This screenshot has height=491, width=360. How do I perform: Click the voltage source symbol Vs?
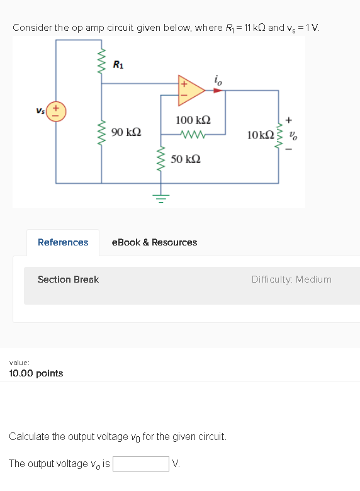tap(55, 112)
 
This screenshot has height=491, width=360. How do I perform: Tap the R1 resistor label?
tap(118, 64)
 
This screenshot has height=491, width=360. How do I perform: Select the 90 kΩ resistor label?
tap(126, 132)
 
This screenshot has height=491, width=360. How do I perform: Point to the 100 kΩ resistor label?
tap(193, 120)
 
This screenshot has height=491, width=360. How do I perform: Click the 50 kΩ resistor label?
tap(186, 159)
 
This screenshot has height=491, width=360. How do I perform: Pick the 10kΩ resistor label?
tap(260, 135)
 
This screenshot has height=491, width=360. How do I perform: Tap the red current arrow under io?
tap(217, 90)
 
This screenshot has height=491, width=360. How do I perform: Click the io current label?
tap(218, 79)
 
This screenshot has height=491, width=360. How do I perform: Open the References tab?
tap(63, 242)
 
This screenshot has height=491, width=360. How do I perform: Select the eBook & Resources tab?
tap(154, 242)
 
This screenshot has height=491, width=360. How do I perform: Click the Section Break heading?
tap(68, 279)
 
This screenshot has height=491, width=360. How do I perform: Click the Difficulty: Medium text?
tap(291, 279)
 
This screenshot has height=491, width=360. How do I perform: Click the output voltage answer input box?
tap(141, 464)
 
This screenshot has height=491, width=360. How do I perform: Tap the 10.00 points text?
tap(36, 373)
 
